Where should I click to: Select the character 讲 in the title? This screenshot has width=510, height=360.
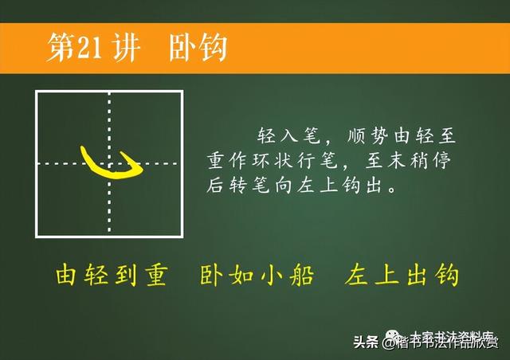pos(127,48)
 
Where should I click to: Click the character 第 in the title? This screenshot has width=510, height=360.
pos(61,48)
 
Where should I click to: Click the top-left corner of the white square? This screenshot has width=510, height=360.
pos(37,92)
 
